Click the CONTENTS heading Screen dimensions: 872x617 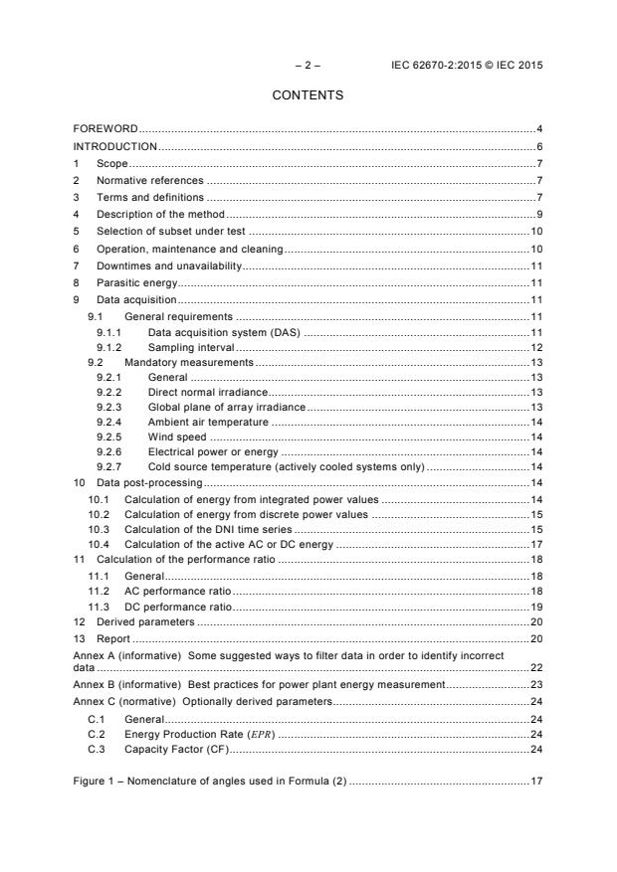(308, 95)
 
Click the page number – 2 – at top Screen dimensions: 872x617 (308, 66)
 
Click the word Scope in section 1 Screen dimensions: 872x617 (112, 163)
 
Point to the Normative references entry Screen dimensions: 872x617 (149, 180)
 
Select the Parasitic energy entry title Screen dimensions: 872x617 (136, 282)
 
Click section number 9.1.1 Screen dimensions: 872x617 (108, 333)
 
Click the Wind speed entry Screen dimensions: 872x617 (178, 436)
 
